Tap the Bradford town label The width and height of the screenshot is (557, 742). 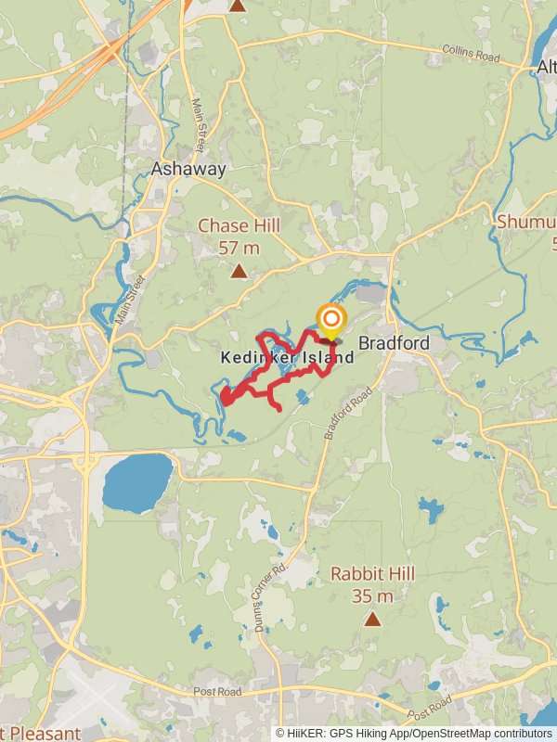[394, 343]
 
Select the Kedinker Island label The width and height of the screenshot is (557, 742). [287, 357]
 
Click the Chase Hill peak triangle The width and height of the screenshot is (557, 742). [239, 272]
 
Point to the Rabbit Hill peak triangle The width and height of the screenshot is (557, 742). [372, 619]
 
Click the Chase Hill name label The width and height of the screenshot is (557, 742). [239, 226]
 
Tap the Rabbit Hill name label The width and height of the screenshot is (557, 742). [372, 574]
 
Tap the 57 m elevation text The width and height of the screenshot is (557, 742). [239, 248]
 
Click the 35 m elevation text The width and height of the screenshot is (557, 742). [372, 595]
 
